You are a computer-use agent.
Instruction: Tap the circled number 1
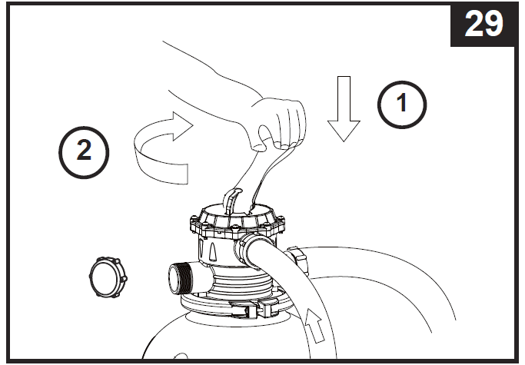click(401, 105)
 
